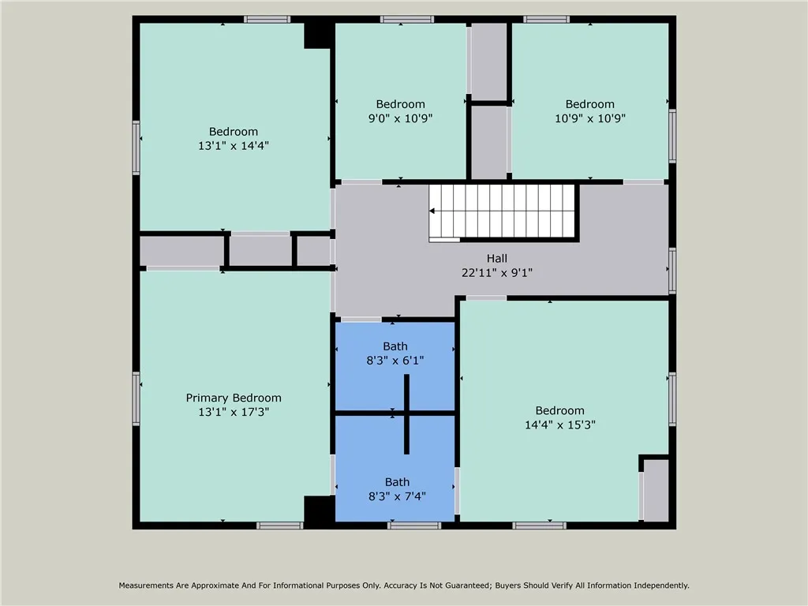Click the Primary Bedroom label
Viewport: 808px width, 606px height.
[x=234, y=398]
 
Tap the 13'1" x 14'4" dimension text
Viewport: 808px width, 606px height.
[x=234, y=145]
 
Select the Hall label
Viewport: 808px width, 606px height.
[x=496, y=258]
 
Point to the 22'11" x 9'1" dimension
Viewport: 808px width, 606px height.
[x=496, y=272]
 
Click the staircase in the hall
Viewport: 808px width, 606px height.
[x=505, y=210]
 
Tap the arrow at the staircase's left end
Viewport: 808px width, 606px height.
[x=433, y=211]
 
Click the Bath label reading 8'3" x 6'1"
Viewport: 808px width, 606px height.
[x=395, y=346]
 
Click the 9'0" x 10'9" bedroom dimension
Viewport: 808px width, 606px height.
[x=400, y=118]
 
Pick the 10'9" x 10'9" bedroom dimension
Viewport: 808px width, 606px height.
[x=589, y=118]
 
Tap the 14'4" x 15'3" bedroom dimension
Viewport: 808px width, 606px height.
[x=559, y=424]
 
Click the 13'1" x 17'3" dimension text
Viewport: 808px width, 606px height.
[x=234, y=412]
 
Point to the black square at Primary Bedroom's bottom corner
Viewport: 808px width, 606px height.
[x=319, y=510]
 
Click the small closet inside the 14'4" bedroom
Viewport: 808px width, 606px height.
[x=655, y=490]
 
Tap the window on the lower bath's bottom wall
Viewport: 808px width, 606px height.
[x=413, y=525]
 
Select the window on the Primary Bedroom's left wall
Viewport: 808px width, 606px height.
[x=137, y=398]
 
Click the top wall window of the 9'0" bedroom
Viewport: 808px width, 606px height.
[x=406, y=19]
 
